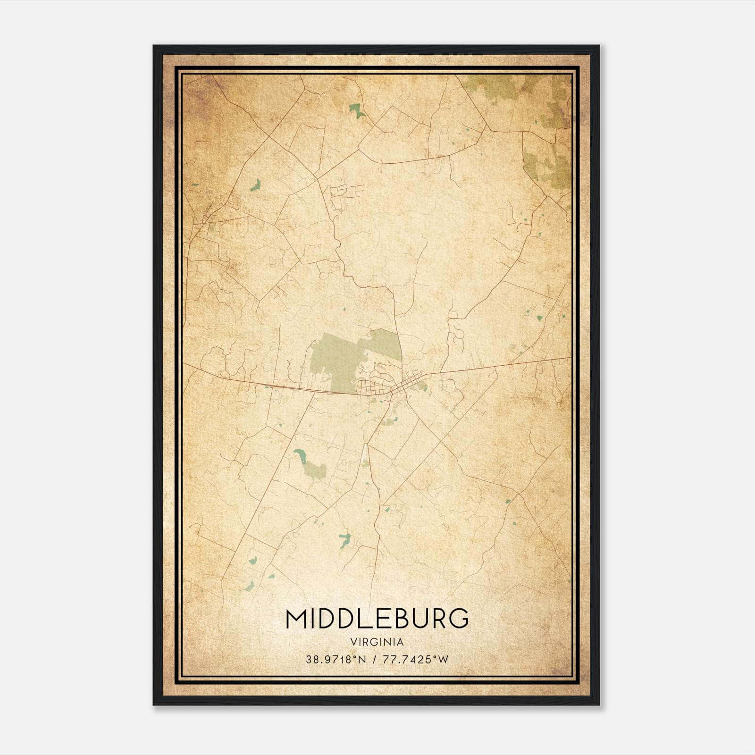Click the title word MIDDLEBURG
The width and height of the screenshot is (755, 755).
click(x=377, y=619)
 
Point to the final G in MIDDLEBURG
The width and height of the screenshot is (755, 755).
click(x=459, y=619)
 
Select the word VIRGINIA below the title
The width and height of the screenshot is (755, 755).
click(x=377, y=642)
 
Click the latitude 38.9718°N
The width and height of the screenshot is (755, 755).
click(x=336, y=660)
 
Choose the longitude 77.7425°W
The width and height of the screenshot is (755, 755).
click(x=415, y=660)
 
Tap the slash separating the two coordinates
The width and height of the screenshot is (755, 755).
click(x=373, y=660)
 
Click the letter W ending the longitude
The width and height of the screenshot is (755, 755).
click(x=443, y=660)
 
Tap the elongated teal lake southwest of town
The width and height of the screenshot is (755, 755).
click(x=300, y=455)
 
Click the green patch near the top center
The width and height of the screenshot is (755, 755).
click(x=357, y=111)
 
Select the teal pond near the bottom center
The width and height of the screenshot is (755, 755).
click(x=344, y=539)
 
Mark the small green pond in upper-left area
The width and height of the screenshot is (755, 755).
click(x=256, y=185)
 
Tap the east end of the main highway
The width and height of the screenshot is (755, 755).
click(x=570, y=358)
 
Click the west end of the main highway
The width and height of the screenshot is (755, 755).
click(x=185, y=364)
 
